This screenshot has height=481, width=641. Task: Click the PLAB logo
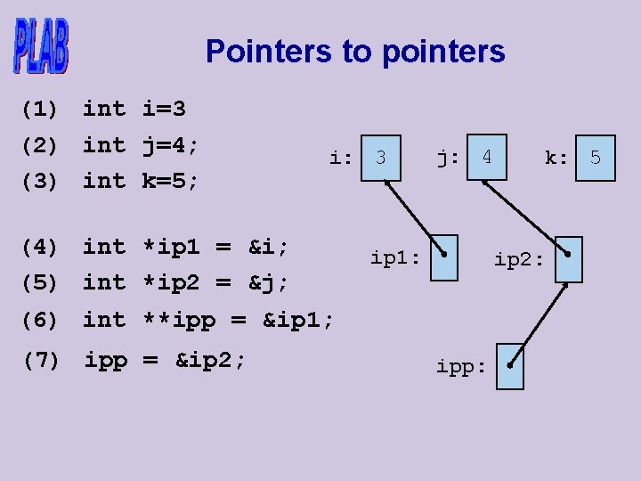pyautogui.click(x=41, y=45)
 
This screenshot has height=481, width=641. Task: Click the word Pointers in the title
pyautogui.click(x=269, y=51)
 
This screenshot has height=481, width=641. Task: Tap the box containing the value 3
pyautogui.click(x=381, y=158)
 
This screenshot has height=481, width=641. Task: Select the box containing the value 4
pyautogui.click(x=487, y=157)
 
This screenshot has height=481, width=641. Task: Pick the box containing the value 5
pyautogui.click(x=596, y=158)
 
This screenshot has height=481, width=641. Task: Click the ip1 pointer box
pyautogui.click(x=444, y=258)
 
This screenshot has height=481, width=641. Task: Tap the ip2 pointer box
pyautogui.click(x=569, y=259)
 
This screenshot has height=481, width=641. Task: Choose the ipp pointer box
pyautogui.click(x=510, y=366)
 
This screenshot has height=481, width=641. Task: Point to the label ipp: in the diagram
pyautogui.click(x=461, y=367)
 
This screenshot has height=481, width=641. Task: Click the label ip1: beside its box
pyautogui.click(x=395, y=258)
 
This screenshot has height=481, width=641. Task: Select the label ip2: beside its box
pyautogui.click(x=519, y=260)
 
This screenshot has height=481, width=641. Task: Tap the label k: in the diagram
pyautogui.click(x=556, y=158)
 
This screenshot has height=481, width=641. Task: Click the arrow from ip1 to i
pyautogui.click(x=415, y=217)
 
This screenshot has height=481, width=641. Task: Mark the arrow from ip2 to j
pyautogui.click(x=526, y=217)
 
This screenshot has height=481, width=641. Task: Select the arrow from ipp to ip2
pyautogui.click(x=539, y=325)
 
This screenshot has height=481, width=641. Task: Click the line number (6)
pyautogui.click(x=40, y=320)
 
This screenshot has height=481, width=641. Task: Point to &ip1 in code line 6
pyautogui.click(x=291, y=320)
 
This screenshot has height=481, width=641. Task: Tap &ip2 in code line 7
pyautogui.click(x=203, y=360)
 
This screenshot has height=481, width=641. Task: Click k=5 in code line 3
pyautogui.click(x=164, y=180)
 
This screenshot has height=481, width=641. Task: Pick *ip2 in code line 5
pyautogui.click(x=171, y=282)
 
